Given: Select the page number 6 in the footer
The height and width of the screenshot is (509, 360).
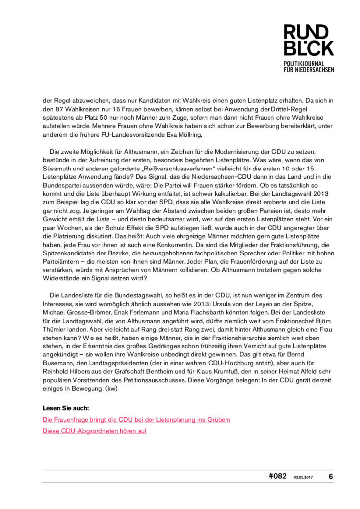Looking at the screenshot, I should click(330, 476).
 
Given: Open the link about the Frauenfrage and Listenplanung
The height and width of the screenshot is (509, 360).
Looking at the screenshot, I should click(136, 420).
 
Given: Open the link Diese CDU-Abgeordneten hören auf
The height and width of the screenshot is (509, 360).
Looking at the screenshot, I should click(94, 431).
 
